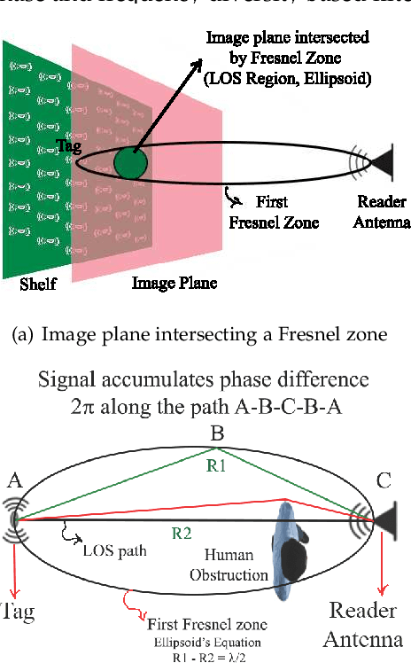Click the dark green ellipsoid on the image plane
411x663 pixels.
coord(133,164)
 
